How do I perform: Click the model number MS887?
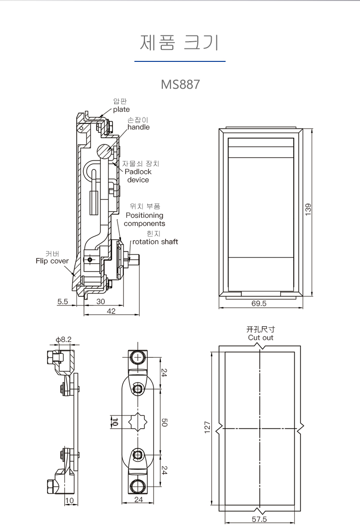180,84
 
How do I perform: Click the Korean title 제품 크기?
180,42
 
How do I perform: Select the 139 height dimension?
309,210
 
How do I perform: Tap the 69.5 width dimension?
259,304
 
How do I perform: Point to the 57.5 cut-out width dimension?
259,519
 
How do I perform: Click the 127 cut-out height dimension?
207,426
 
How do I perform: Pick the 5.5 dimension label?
63,302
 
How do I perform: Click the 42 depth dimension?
111,311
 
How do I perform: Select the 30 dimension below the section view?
101,302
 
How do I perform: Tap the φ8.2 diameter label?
63,340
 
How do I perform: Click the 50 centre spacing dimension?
164,423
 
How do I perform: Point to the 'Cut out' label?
261,338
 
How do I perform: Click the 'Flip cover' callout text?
52,261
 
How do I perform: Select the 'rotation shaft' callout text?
155,242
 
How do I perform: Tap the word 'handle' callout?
138,127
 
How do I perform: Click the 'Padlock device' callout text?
138,176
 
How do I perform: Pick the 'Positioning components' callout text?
144,220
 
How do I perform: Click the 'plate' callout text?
121,109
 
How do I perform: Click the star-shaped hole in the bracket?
138,422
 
